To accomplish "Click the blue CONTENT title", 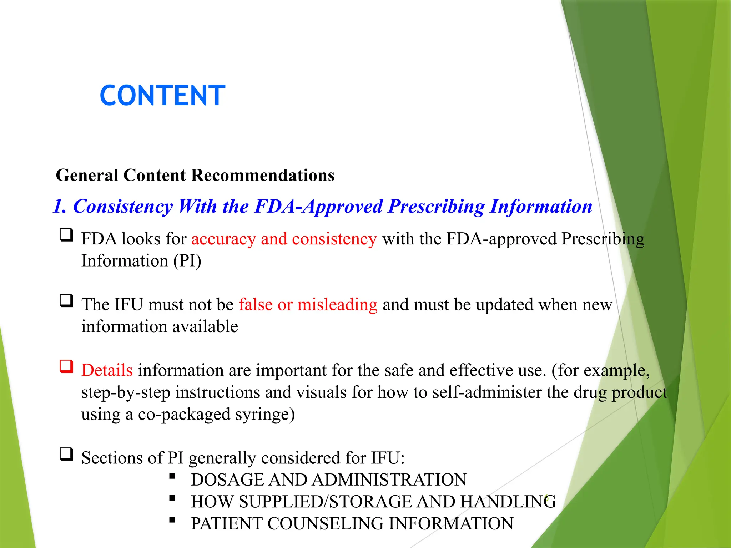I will (162, 96).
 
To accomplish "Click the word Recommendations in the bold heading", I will (263, 175).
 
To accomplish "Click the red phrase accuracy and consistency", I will (284, 239).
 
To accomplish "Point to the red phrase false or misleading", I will (308, 304).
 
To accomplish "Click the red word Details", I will (107, 370).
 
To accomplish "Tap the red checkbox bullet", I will (66, 366).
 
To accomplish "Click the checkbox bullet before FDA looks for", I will (66, 235).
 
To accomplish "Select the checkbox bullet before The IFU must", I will (66, 301).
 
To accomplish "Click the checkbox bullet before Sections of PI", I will (66, 454).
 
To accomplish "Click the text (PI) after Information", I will (187, 261).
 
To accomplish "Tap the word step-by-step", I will (126, 392).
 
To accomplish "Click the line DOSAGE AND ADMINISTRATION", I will (328, 479).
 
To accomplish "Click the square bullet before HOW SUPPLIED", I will (172, 498).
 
